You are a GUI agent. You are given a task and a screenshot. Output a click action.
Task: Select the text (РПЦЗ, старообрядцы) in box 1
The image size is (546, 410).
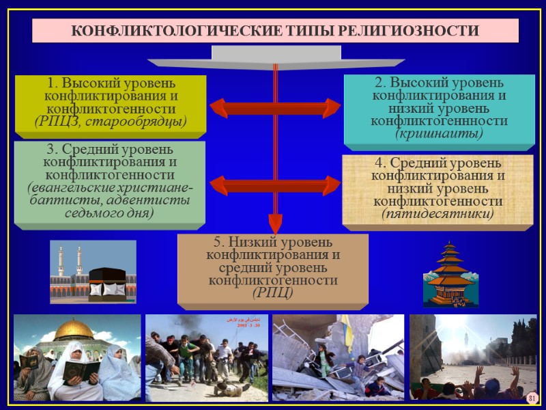(110, 122)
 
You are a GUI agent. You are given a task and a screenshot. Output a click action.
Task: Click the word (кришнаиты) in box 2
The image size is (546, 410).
(439, 133)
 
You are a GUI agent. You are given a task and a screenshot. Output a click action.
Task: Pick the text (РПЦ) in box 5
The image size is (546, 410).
(272, 292)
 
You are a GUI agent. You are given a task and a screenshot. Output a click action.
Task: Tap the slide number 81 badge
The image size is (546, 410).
(533, 398)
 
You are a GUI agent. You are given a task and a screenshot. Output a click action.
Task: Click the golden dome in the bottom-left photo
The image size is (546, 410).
(74, 329)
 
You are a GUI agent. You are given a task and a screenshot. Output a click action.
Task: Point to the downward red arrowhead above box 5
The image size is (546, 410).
(275, 222)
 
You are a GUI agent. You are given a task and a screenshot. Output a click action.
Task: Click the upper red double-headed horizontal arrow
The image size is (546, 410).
(275, 108)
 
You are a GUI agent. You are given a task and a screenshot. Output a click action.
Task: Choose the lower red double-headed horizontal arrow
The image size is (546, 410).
(275, 184)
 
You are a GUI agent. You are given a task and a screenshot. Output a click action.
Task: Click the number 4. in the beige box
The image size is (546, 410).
(380, 163)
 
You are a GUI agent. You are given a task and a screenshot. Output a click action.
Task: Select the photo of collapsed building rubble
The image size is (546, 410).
(337, 357)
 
